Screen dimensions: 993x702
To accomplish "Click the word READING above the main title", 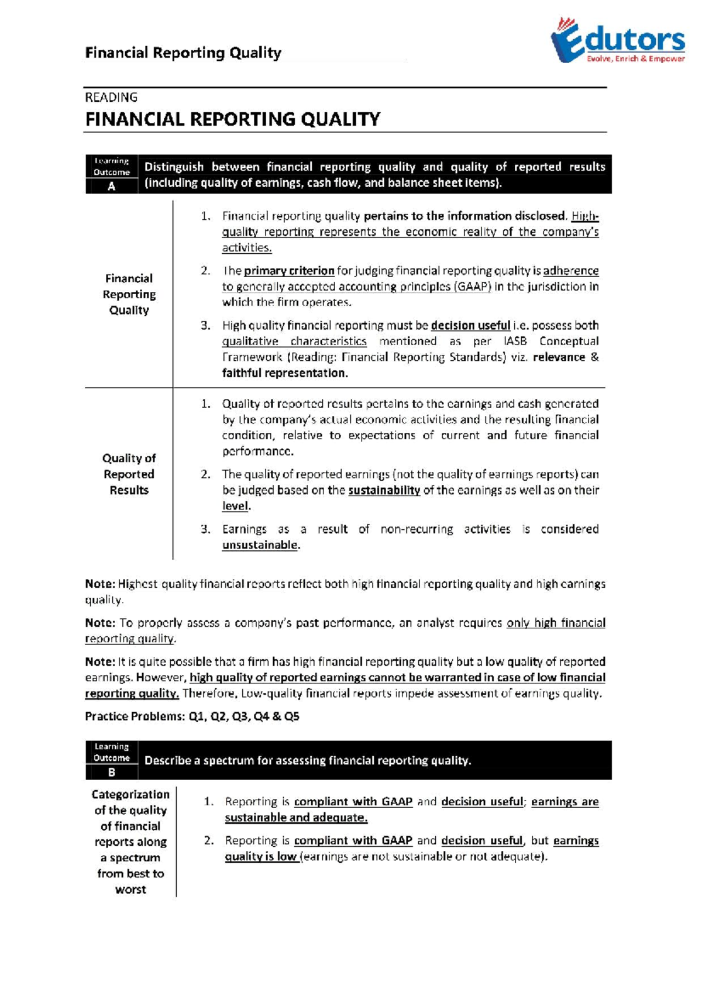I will tap(111, 97).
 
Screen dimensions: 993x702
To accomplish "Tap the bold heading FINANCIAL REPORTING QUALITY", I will tap(233, 119).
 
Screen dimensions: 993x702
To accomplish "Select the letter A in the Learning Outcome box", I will tap(112, 187).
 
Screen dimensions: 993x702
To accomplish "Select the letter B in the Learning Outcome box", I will tap(112, 772).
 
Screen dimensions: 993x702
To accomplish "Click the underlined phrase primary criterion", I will tap(289, 271).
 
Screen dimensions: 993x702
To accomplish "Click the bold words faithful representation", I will tap(284, 373).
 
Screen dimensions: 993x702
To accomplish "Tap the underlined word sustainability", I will tap(384, 490).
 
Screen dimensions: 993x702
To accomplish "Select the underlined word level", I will tap(235, 506).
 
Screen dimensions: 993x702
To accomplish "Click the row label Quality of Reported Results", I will tap(129, 474).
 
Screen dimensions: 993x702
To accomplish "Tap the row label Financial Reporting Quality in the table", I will tap(129, 294).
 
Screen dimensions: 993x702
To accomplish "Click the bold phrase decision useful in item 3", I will tap(470, 325).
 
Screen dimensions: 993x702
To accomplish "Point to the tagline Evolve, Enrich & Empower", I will tap(635, 59).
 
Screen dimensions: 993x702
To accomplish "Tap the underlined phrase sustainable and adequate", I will tap(296, 818).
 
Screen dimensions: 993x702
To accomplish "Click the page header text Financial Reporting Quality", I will tap(183, 53).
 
